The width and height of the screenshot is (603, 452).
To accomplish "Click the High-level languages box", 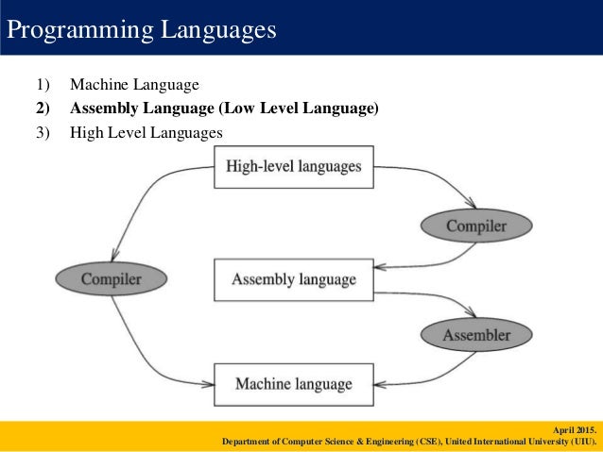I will [x=294, y=167].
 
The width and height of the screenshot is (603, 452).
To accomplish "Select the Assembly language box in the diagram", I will [x=294, y=279].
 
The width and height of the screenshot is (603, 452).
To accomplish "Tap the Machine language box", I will [x=294, y=384].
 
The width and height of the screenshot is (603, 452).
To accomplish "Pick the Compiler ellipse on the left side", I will [x=111, y=278].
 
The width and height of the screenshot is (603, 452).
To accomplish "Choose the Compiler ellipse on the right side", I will [x=476, y=226].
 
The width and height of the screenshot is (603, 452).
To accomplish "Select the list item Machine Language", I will [x=134, y=86].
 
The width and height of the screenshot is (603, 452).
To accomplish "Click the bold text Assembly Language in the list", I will [x=142, y=109].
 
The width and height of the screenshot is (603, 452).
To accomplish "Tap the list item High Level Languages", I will [x=146, y=132].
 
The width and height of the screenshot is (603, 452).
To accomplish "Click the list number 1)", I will [x=43, y=86].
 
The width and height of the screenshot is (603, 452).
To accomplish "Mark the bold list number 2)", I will [x=43, y=109].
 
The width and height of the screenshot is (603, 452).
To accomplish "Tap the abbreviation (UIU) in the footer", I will [x=583, y=441].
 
